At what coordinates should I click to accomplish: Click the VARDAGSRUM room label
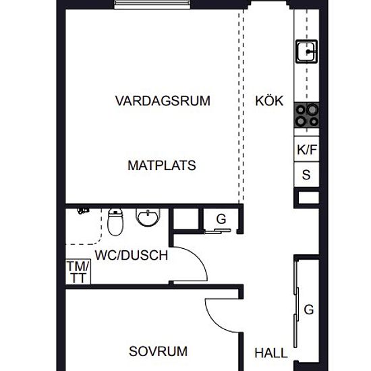(x=163, y=101)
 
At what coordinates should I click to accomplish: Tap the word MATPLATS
(x=162, y=165)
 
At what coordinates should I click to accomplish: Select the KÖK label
(x=269, y=101)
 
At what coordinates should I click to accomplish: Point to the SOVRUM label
(x=158, y=351)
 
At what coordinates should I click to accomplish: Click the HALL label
(x=271, y=353)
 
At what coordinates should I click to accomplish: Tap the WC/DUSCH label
(x=132, y=255)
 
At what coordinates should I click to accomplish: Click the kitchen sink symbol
(x=307, y=51)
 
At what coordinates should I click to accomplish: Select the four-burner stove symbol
(x=307, y=115)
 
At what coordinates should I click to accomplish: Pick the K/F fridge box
(x=307, y=149)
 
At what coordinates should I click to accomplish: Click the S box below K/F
(x=307, y=175)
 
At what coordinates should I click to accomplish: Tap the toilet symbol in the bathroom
(x=115, y=222)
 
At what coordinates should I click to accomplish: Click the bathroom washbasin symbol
(x=148, y=217)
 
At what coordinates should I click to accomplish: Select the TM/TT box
(x=78, y=272)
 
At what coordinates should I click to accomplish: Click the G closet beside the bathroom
(x=221, y=219)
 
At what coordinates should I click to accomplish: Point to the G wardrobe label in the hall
(x=309, y=310)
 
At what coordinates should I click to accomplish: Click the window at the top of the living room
(x=152, y=4)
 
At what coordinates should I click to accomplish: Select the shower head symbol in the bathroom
(x=83, y=210)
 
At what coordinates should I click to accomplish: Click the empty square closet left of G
(x=186, y=219)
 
